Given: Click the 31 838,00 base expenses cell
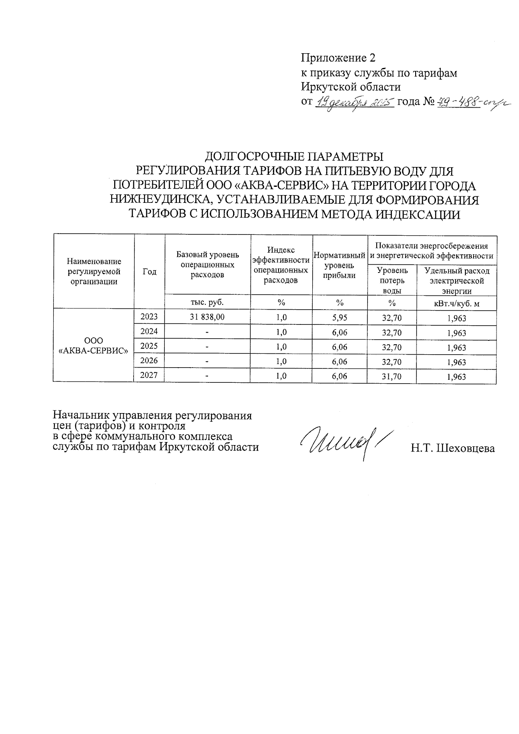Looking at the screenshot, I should [x=207, y=317].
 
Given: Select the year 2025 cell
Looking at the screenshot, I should [x=149, y=346].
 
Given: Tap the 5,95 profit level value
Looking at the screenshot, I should [x=340, y=317].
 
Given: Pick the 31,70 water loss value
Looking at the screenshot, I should [x=391, y=377].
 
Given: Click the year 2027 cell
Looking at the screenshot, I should [x=149, y=375].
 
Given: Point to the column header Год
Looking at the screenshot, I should [x=149, y=272].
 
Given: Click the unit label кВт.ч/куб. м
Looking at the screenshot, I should [x=456, y=303].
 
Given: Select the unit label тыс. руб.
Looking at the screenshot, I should [x=207, y=302].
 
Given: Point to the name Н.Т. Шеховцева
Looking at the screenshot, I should [x=452, y=449].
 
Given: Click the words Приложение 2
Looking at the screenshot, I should [x=338, y=58].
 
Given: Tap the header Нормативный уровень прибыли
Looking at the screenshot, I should [x=340, y=265].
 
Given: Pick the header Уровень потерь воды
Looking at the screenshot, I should [x=392, y=281].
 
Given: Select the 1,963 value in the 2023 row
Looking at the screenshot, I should [x=456, y=319].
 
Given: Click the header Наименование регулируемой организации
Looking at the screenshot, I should [x=93, y=272].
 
